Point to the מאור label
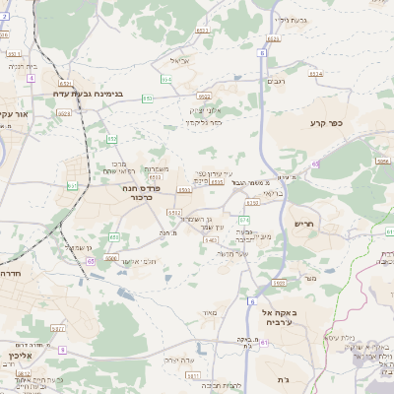[x=208, y=312]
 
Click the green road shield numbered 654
[x=165, y=77]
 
